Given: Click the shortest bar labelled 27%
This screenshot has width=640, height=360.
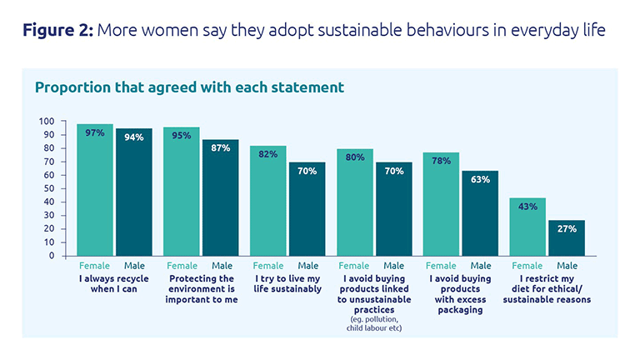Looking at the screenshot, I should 567,237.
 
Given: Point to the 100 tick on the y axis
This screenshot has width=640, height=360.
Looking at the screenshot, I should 47,122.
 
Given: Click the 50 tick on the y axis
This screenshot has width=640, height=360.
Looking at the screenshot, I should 49,188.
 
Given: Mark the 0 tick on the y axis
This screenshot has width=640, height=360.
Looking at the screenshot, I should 52,255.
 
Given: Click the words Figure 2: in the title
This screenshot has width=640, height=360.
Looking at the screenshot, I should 57,31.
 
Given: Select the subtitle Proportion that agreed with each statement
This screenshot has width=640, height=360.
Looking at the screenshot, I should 188,87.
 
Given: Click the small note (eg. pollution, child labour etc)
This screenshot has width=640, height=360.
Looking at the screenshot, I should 373,323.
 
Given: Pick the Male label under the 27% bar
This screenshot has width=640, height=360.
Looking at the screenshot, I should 567,266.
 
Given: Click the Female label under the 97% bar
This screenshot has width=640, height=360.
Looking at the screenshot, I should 94,266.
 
